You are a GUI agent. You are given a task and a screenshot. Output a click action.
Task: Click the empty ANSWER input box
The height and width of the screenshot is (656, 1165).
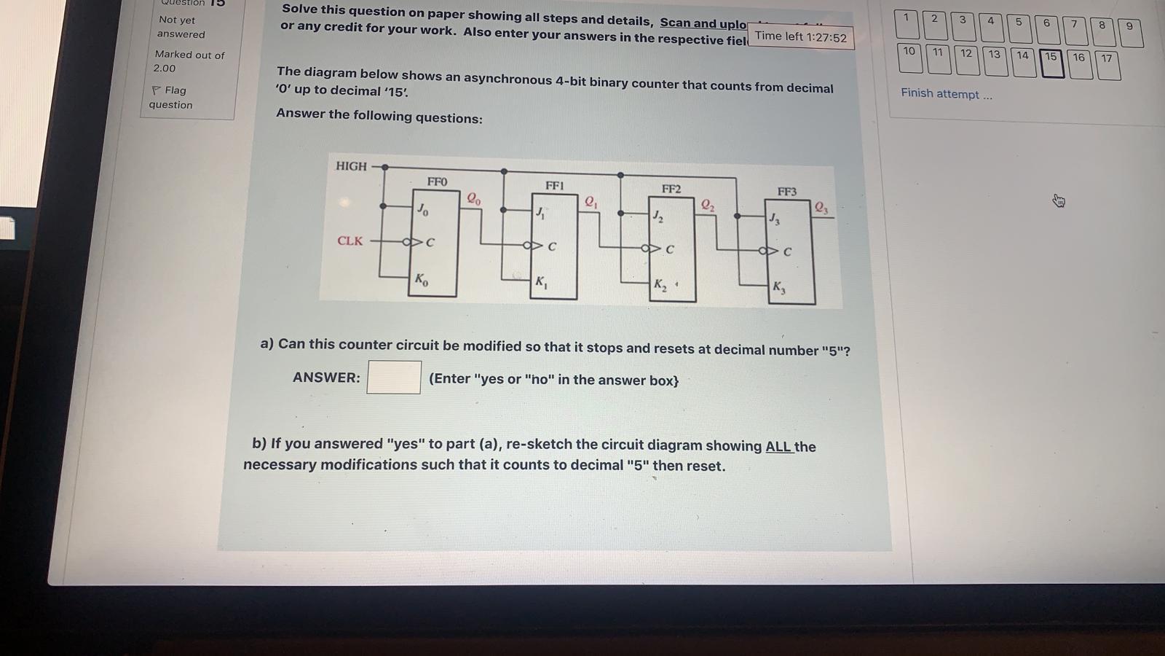click(393, 377)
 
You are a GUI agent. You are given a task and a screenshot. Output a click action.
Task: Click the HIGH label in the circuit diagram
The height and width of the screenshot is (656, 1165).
click(351, 166)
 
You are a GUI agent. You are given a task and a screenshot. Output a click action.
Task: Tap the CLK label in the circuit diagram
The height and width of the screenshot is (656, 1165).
click(349, 241)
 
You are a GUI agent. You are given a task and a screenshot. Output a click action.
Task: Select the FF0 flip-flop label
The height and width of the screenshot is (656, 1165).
click(437, 181)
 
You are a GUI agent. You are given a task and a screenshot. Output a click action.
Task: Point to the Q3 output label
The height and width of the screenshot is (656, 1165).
click(821, 208)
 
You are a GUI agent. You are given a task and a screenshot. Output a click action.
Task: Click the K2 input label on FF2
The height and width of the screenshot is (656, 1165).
click(660, 284)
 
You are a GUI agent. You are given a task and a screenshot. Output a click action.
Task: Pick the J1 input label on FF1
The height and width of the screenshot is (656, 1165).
click(540, 213)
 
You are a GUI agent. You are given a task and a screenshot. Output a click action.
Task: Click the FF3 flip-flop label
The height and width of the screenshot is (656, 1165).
click(786, 192)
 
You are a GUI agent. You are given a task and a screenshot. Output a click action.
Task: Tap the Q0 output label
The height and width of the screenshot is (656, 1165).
click(473, 198)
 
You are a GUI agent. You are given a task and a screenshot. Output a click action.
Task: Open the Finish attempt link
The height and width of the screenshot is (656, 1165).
click(946, 94)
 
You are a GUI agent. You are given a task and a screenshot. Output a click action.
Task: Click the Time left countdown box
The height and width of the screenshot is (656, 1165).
click(800, 36)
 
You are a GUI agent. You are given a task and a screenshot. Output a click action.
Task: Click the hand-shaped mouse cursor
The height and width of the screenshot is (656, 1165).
click(1059, 200)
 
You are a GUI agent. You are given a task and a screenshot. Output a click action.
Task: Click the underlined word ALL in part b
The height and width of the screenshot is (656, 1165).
click(778, 446)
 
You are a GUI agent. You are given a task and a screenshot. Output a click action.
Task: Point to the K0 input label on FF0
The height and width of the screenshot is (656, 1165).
click(421, 279)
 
